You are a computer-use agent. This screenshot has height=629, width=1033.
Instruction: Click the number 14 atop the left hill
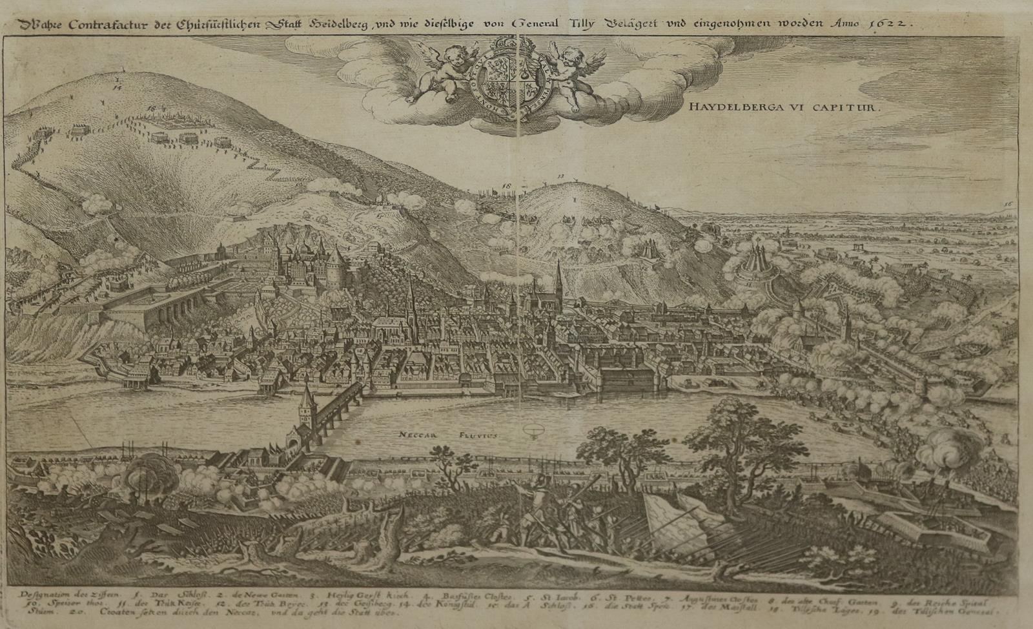[x=118, y=83]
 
